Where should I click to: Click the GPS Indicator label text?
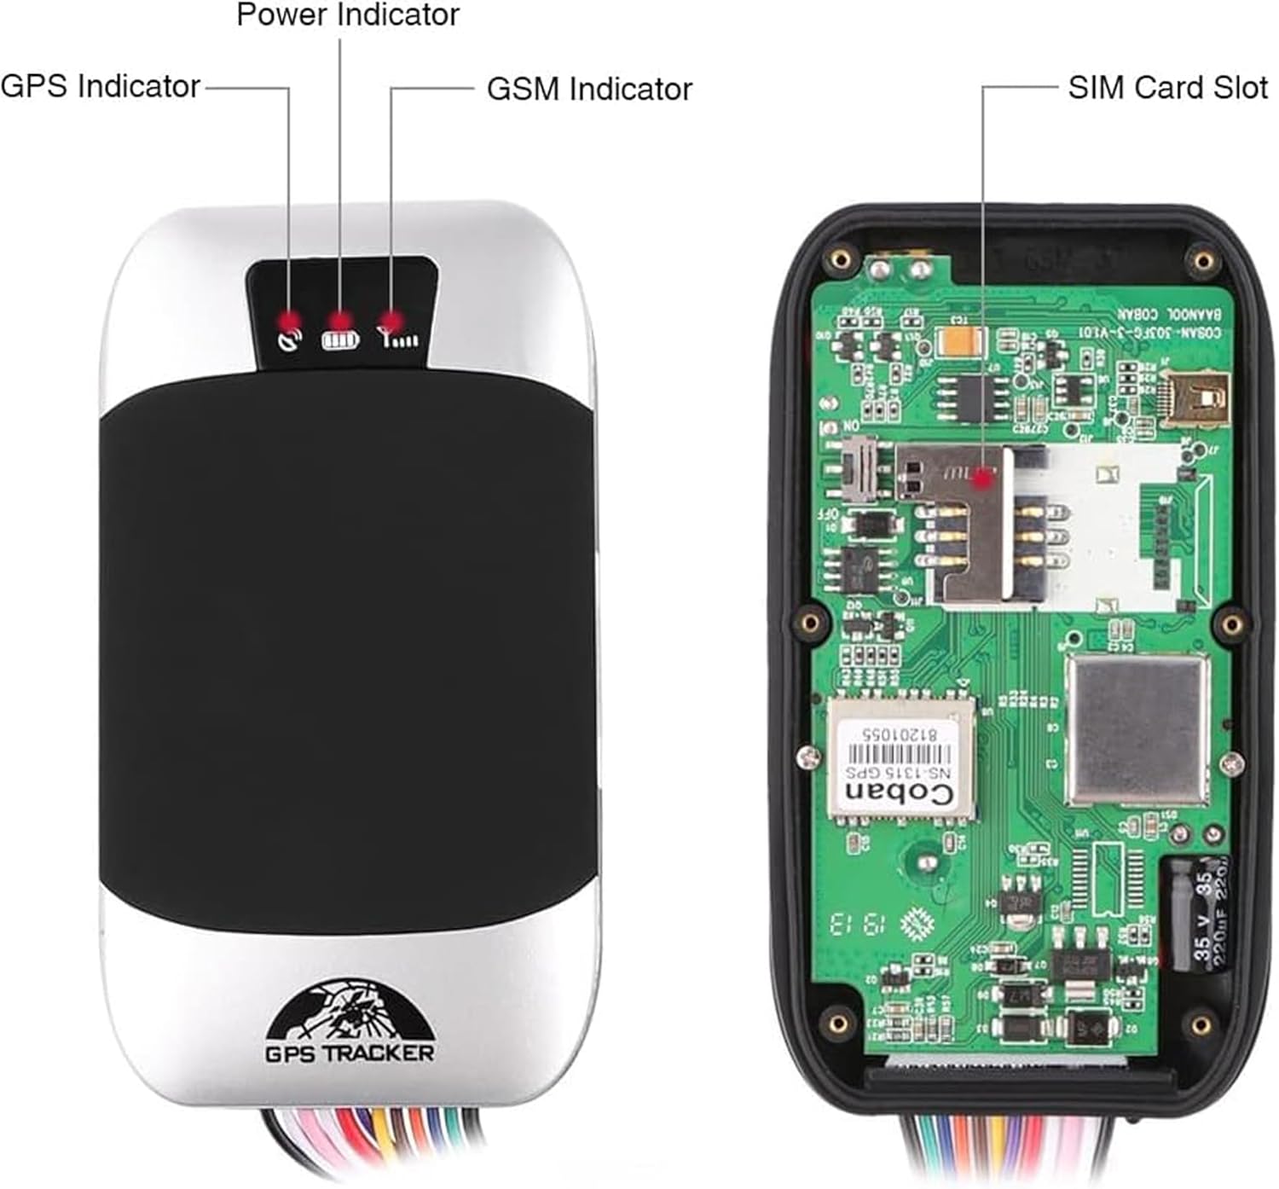[x=100, y=86]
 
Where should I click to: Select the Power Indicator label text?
[x=347, y=14]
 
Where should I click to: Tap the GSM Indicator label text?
[x=589, y=89]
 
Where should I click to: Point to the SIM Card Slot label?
[x=1167, y=87]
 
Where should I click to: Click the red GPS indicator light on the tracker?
[x=288, y=321]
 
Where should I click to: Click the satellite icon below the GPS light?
[x=290, y=341]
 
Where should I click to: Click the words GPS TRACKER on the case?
[x=350, y=1053]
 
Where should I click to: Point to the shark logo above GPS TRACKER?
[x=350, y=1011]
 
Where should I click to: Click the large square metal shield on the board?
[x=1137, y=729]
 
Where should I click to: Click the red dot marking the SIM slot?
[x=983, y=480]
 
